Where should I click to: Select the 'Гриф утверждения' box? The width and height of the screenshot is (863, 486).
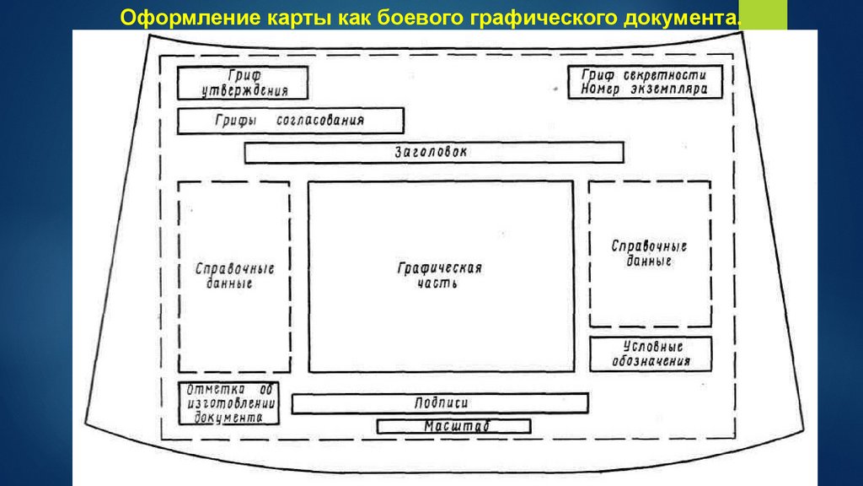(x=243, y=83)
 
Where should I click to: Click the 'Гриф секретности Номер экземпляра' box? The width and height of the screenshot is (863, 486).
(x=645, y=82)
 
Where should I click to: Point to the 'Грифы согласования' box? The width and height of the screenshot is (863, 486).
(x=290, y=121)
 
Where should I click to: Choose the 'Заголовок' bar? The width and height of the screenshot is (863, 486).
(x=433, y=153)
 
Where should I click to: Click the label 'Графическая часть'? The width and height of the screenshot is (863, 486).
(x=439, y=276)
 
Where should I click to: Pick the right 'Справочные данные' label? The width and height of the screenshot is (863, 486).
(x=648, y=253)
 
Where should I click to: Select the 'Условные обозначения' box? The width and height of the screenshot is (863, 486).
(x=650, y=354)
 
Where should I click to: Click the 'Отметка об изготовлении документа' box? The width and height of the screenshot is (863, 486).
(x=228, y=403)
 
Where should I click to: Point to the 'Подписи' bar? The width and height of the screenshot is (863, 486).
(x=440, y=403)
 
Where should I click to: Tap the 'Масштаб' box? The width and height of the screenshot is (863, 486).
(x=453, y=427)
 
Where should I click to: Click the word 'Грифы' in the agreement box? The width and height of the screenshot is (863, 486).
(x=234, y=121)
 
